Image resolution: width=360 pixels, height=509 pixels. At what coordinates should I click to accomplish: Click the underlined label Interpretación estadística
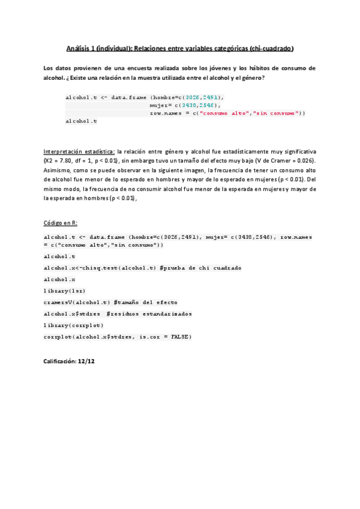tap(79, 152)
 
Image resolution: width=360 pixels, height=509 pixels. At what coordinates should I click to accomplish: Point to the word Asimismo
tap(56, 170)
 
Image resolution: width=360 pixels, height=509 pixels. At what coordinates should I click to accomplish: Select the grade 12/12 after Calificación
tap(86, 362)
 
